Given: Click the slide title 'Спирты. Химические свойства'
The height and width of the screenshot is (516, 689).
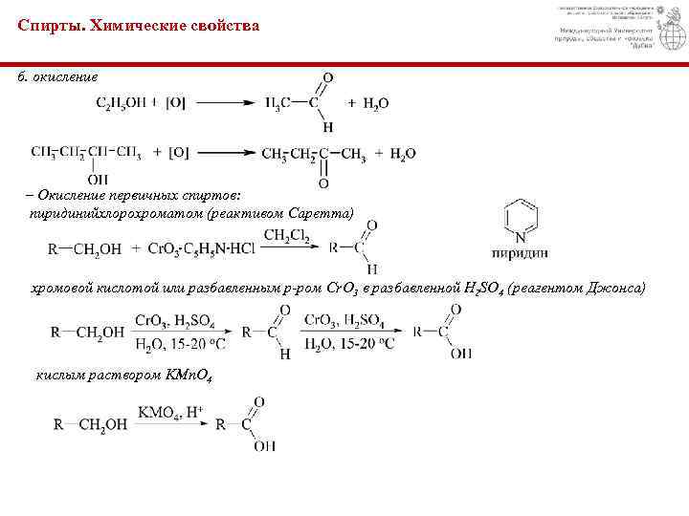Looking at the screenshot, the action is [138, 26].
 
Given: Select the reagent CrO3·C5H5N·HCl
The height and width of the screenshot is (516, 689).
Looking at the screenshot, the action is [196, 249].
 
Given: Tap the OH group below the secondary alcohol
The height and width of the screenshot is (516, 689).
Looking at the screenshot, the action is [97, 178].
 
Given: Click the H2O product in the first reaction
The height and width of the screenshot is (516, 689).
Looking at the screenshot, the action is [375, 103].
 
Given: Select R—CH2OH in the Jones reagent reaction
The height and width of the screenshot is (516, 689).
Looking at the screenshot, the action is [87, 333].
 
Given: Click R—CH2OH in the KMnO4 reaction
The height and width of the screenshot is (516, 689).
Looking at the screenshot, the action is [91, 424].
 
